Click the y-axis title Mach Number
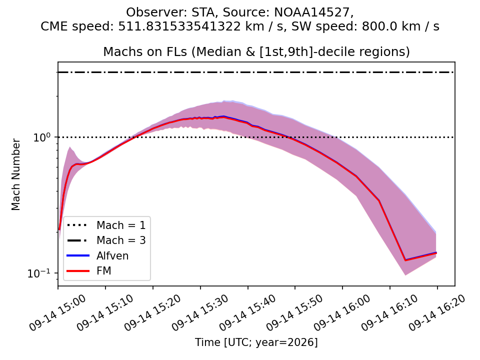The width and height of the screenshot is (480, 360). click(x=15, y=174)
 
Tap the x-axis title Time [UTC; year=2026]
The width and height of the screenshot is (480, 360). click(x=256, y=342)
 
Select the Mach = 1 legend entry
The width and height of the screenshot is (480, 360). click(x=106, y=225)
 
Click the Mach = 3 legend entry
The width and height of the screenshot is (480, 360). click(x=106, y=240)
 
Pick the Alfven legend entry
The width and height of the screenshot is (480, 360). click(x=97, y=255)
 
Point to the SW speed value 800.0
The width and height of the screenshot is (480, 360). click(x=379, y=26)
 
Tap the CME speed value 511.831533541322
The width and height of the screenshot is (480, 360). click(x=179, y=26)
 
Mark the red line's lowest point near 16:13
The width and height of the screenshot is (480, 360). click(x=405, y=260)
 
